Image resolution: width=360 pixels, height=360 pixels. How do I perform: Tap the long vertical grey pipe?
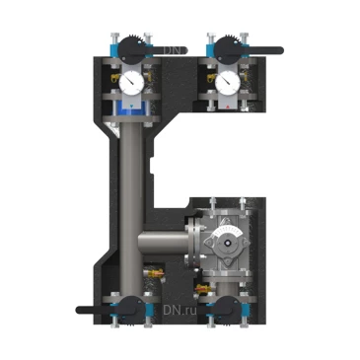131,187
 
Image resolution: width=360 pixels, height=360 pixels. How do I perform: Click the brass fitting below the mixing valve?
205,288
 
